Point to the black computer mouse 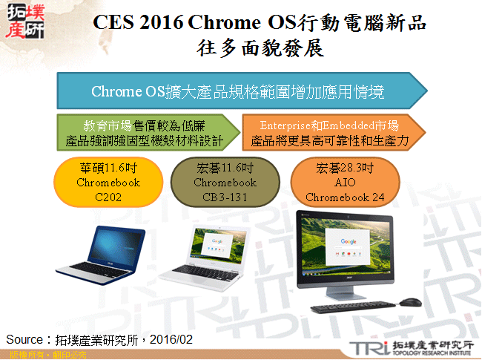click(409, 302)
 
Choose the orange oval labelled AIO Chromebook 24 click(345, 182)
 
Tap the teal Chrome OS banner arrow click(241, 92)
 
